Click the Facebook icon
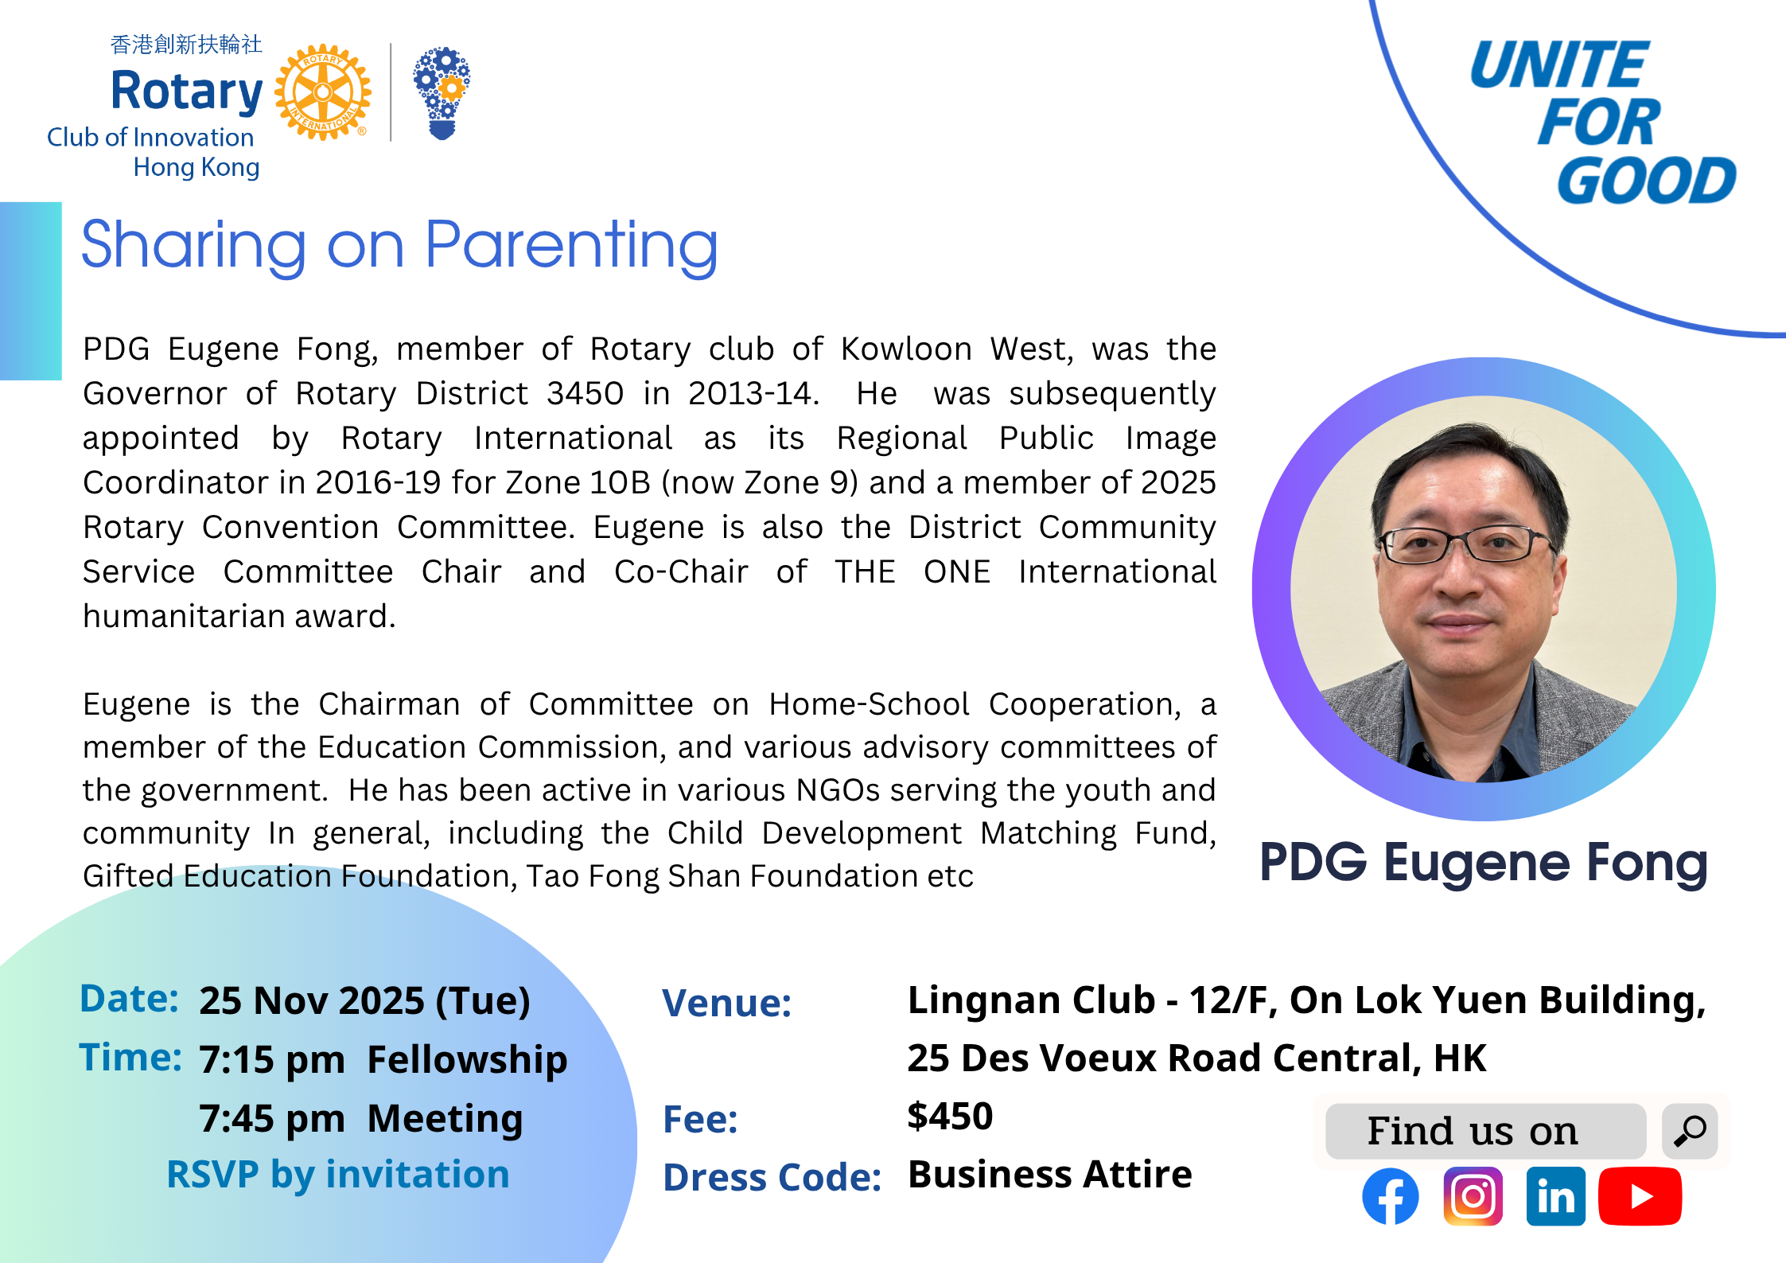tap(1390, 1196)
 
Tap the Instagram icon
tap(1473, 1196)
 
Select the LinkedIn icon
tap(1555, 1196)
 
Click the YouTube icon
tap(1640, 1196)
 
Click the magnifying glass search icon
tap(1690, 1130)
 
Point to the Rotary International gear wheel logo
tap(323, 92)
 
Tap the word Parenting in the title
tap(571, 247)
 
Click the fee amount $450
tap(950, 1116)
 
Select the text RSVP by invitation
tap(338, 1175)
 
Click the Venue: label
tap(727, 1003)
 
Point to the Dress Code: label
tap(772, 1177)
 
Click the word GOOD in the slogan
tap(1646, 181)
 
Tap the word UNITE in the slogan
tap(1559, 64)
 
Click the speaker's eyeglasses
tap(1466, 545)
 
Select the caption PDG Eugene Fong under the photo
tap(1484, 863)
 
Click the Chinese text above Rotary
tap(186, 45)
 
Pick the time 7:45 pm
tap(272, 1119)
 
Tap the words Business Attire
tap(1050, 1175)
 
